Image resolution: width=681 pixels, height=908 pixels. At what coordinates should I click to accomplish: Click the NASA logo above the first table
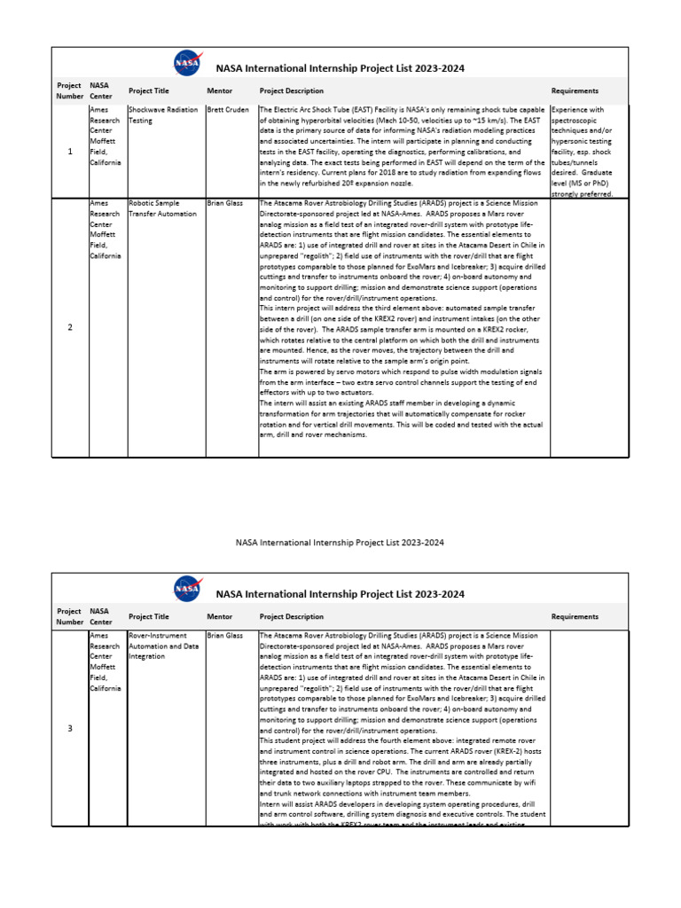pos(187,63)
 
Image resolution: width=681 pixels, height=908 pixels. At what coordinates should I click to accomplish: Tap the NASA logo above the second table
pos(187,589)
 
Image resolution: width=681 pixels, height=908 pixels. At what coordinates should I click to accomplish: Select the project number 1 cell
pos(70,152)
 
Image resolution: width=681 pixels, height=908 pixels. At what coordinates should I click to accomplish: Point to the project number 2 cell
pos(70,327)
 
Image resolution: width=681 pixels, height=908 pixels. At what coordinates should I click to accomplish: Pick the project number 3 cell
pos(70,728)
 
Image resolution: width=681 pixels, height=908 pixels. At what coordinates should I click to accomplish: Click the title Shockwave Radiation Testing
pos(162,115)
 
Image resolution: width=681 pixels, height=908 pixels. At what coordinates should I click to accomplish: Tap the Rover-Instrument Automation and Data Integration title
pos(164,646)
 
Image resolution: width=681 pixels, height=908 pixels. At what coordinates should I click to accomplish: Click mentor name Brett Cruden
pos(229,110)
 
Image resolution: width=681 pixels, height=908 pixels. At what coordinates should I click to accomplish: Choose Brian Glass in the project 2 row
pos(224,203)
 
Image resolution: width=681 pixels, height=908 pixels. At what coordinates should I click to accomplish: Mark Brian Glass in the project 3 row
pos(224,636)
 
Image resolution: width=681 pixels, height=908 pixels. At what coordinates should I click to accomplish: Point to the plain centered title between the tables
pos(340,542)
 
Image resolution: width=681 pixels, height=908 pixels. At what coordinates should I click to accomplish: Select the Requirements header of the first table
pos(575,91)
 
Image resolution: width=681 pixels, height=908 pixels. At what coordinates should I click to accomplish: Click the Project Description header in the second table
pos(291,616)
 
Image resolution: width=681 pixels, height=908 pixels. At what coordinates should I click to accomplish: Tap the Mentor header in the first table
pos(219,91)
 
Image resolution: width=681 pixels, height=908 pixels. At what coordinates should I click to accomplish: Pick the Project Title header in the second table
pos(148,616)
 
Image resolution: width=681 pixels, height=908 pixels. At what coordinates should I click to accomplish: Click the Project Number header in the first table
pos(69,91)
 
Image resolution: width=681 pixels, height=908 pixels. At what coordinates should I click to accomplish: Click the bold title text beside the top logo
pos(340,68)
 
